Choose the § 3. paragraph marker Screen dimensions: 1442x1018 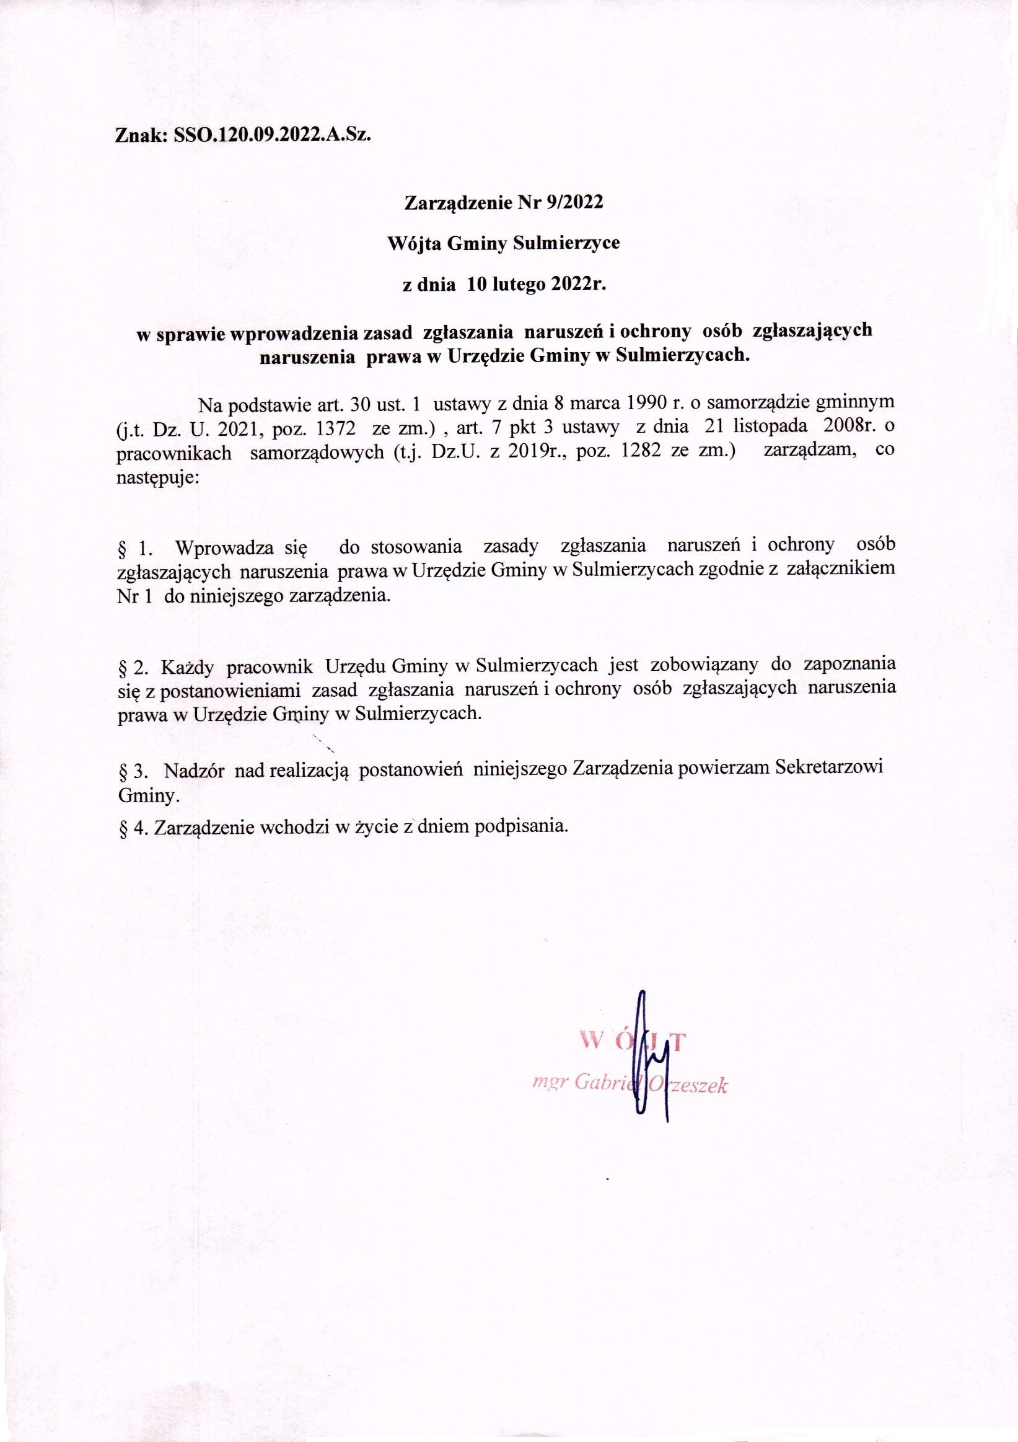point(134,771)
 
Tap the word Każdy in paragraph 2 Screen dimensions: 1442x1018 point(191,665)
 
